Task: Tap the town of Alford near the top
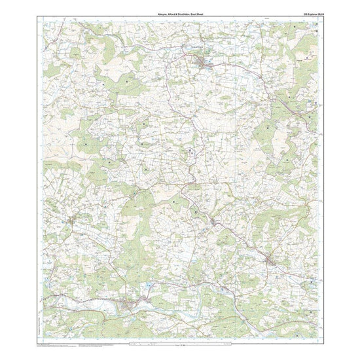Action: coord(202,62)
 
